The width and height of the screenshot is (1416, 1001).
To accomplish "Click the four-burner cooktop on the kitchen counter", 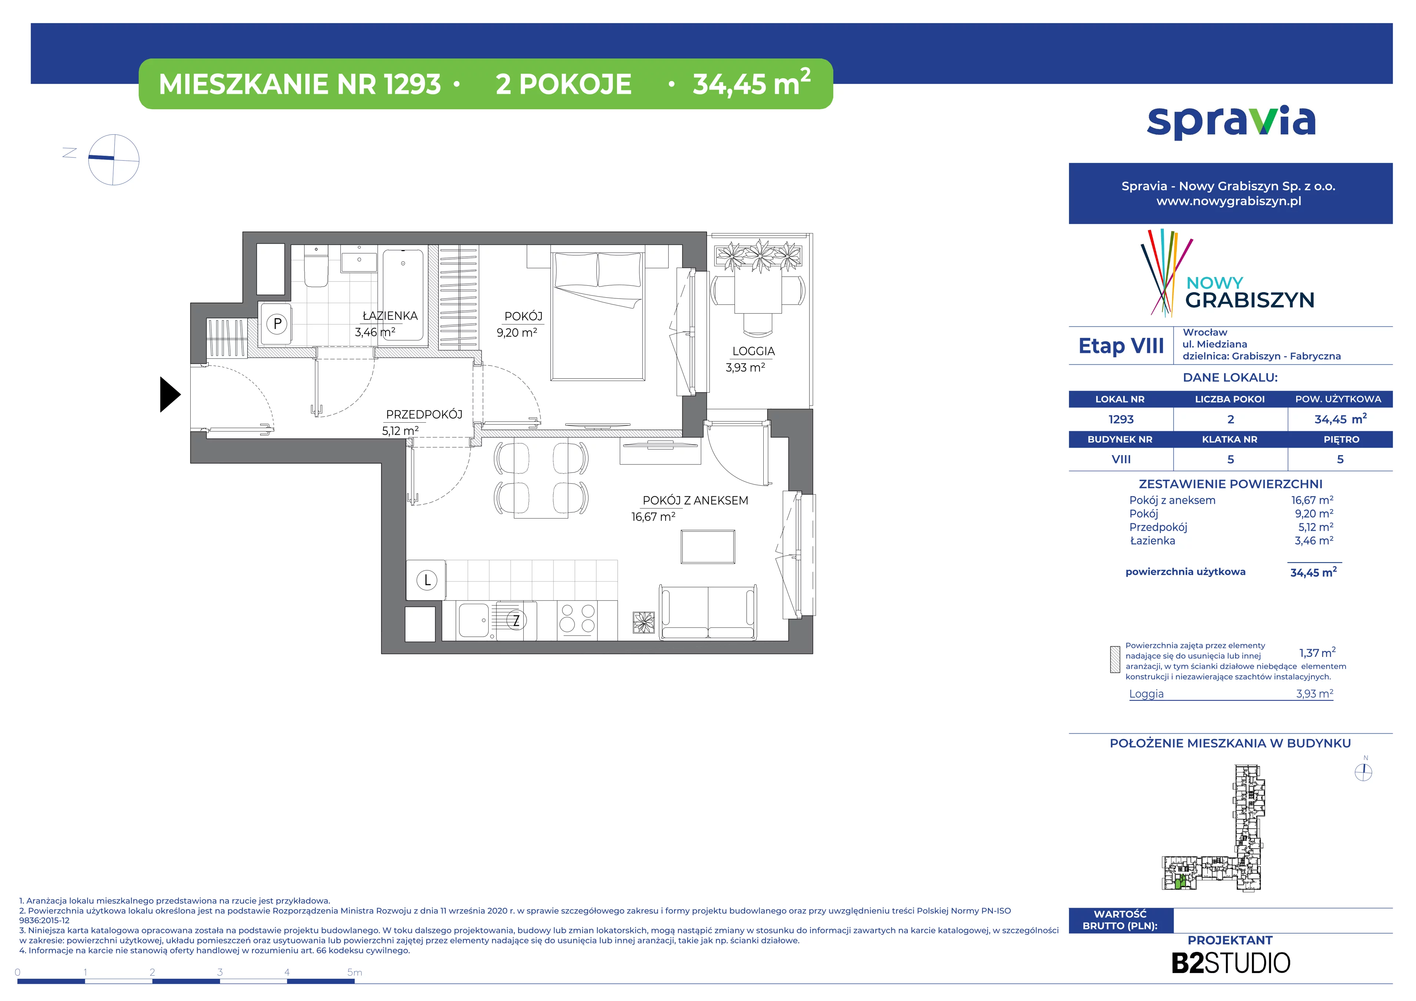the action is (577, 619).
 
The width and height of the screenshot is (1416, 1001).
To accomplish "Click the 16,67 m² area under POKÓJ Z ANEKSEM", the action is (653, 517).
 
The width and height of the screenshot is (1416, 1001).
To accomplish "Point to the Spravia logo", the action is (1231, 122).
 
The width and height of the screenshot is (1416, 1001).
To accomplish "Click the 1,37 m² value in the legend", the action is (1317, 652).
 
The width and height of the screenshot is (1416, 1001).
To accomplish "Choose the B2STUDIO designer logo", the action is (1231, 963).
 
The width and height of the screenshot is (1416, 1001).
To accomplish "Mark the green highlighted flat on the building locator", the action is (1179, 883).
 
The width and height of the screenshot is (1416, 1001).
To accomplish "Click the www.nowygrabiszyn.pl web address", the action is (1229, 201).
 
